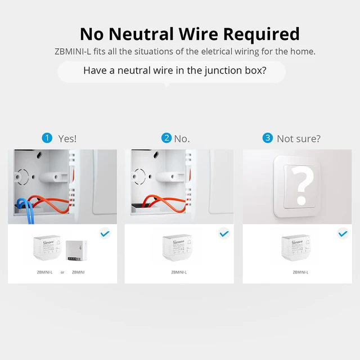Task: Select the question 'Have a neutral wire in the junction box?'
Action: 175,71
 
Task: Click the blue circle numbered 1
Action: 47,138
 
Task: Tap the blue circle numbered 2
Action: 166,138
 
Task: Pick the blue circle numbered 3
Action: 268,138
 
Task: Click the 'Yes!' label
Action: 67,138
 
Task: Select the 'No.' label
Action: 182,138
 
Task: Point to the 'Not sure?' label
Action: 299,138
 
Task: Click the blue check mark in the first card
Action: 105,232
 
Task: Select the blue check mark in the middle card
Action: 224,232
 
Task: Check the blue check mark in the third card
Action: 343,232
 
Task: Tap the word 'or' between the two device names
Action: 62,272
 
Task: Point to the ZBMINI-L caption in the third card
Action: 300,272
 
